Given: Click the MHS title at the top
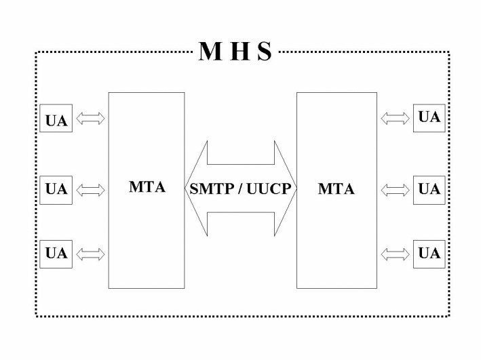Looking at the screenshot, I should coord(235,52).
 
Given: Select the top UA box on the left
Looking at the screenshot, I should coord(56,119).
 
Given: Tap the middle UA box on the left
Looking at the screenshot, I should coord(56,189).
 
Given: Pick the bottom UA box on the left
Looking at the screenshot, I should coord(56,254).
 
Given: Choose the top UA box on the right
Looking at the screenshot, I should coord(429,118).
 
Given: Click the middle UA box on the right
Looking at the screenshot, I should coord(429,189).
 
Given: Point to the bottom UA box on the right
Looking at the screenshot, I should coord(429,254).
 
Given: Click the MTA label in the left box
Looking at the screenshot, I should coord(147,187).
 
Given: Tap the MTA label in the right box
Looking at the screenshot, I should coord(336,189).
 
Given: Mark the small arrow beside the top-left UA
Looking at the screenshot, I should coord(90,119).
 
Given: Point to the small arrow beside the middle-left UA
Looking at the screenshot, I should coord(90,189).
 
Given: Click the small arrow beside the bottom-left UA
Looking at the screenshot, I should coord(90,254).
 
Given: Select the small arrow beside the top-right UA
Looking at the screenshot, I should coord(396,119).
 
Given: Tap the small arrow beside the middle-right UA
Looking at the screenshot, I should coord(396,189).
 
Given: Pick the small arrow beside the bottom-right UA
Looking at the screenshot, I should coord(396,254).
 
